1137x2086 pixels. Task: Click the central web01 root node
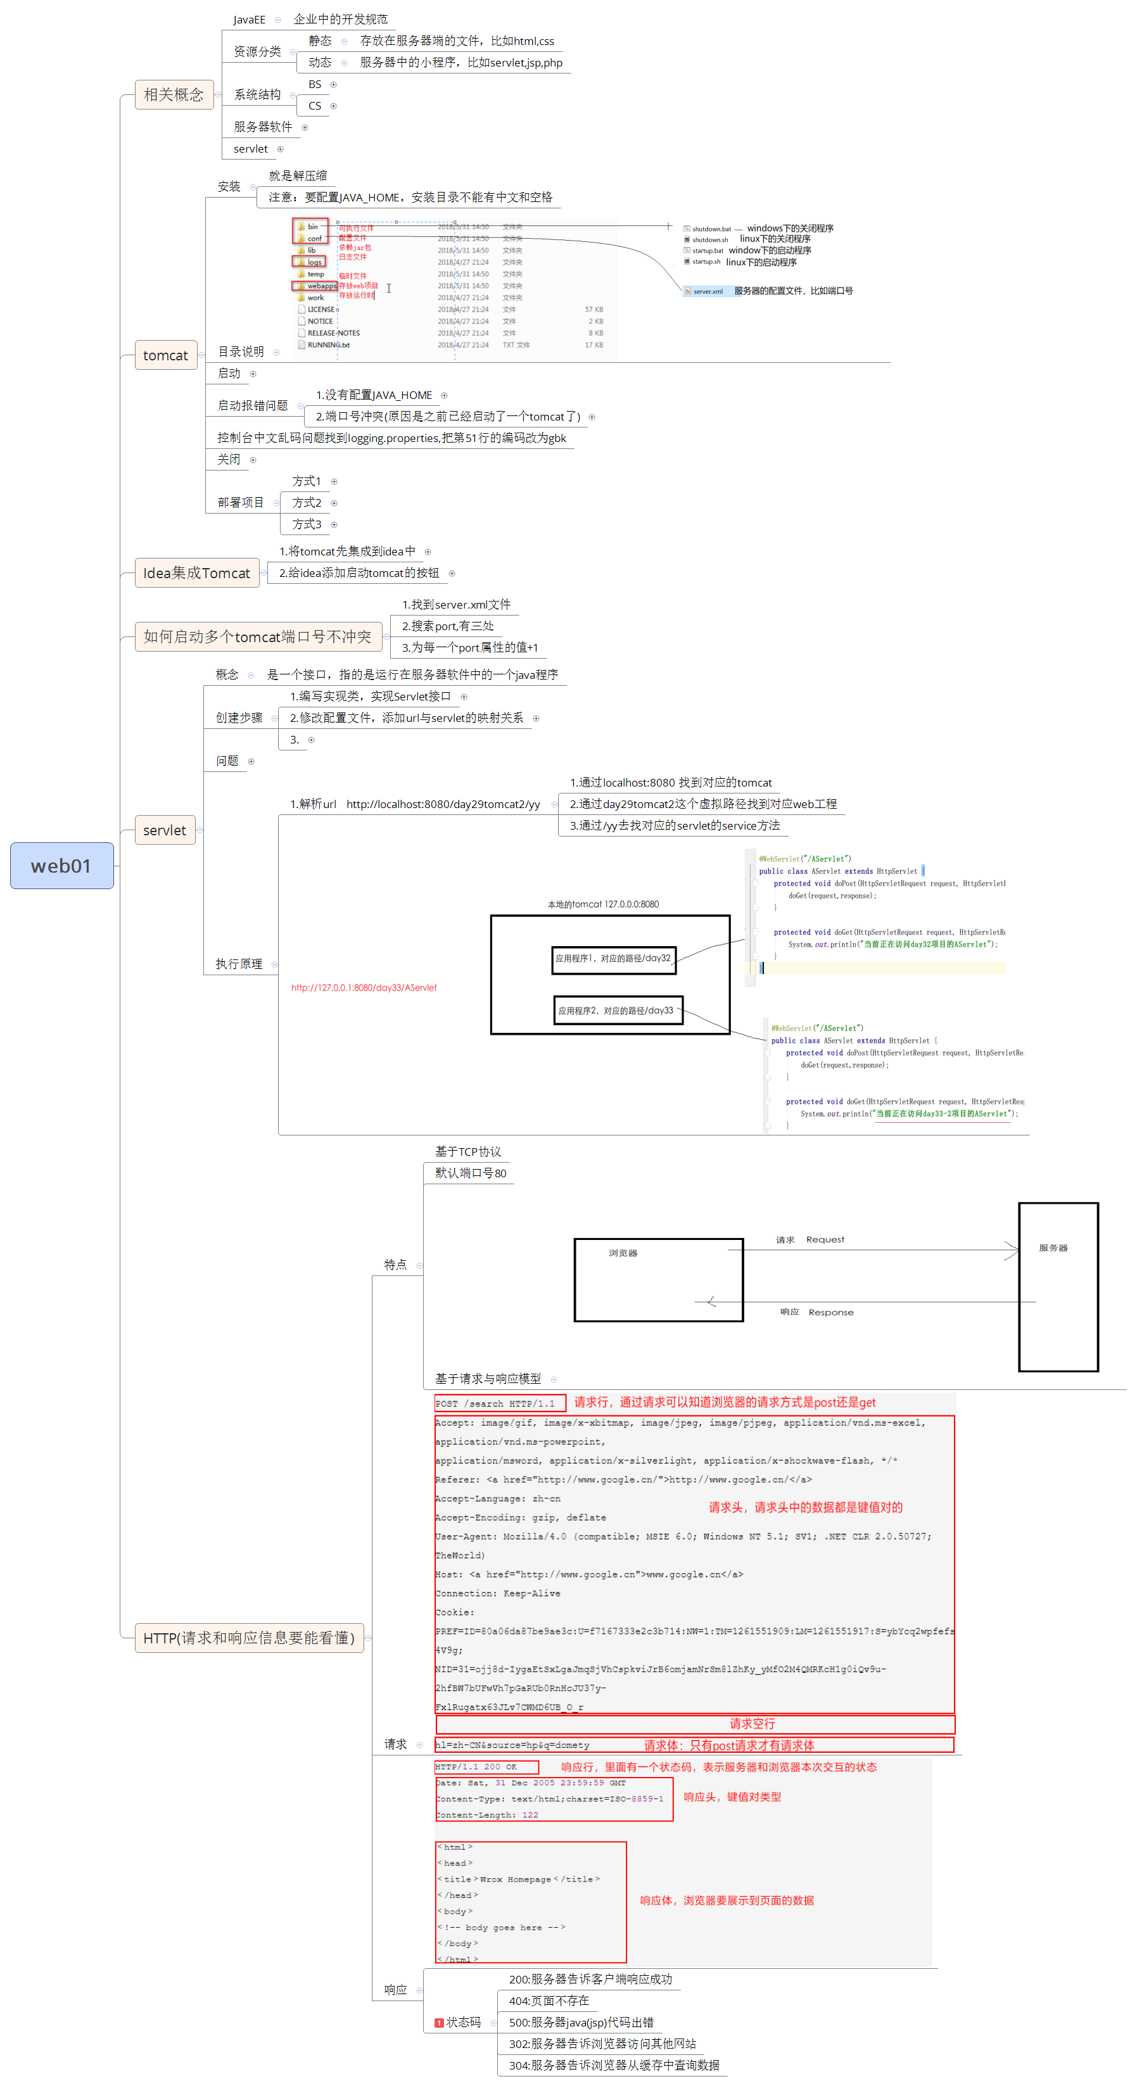click(61, 866)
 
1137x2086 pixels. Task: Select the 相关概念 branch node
click(174, 95)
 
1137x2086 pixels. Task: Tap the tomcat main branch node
click(165, 355)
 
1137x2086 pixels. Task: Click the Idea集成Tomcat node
click(197, 572)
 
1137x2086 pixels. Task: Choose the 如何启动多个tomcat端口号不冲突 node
click(257, 636)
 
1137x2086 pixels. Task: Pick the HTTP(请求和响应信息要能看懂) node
click(248, 1638)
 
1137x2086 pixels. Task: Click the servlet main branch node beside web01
click(165, 830)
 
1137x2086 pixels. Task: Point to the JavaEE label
click(248, 20)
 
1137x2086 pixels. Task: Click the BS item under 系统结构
click(314, 84)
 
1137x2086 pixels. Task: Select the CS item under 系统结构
click(314, 106)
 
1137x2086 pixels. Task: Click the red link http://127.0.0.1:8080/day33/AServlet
click(364, 987)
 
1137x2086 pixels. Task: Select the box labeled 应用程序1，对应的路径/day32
click(613, 958)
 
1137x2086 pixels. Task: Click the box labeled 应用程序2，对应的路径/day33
click(616, 1011)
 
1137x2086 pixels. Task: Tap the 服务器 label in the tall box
click(1053, 1248)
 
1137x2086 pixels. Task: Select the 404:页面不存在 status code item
click(549, 2000)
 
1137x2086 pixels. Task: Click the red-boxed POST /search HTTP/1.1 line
click(495, 1403)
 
